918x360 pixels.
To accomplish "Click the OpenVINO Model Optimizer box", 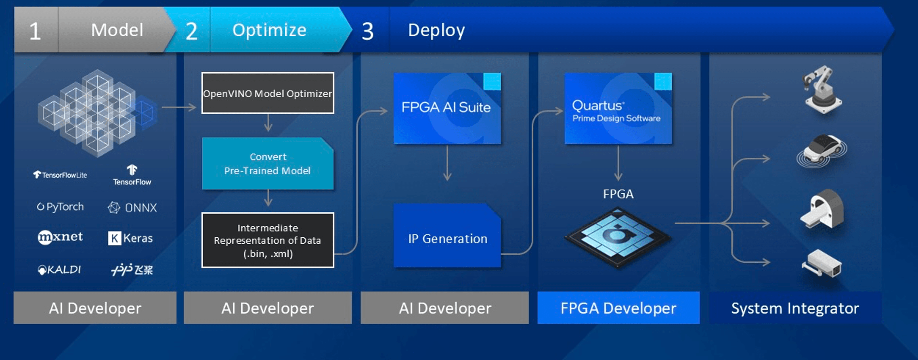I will (x=268, y=93).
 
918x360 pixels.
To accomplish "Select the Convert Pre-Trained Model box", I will (x=268, y=163).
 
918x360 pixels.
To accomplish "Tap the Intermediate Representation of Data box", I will (x=268, y=240).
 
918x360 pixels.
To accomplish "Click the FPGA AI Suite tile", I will (x=447, y=108).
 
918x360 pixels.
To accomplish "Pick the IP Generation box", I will (x=447, y=238).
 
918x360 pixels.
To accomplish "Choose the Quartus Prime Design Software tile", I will (x=618, y=108).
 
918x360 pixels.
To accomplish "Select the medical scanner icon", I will (x=822, y=209).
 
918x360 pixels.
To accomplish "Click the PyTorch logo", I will (x=61, y=207).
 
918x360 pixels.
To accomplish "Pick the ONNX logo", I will (x=132, y=207).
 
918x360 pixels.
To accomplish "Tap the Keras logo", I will (x=130, y=238).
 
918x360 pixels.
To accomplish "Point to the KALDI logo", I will (x=59, y=270).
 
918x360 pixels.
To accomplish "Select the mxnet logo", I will (x=60, y=237).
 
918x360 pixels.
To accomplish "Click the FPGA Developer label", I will (x=618, y=308).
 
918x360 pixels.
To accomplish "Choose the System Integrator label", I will (x=795, y=308).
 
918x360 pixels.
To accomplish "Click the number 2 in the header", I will (x=191, y=31).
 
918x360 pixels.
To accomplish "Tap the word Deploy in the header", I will (x=436, y=30).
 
